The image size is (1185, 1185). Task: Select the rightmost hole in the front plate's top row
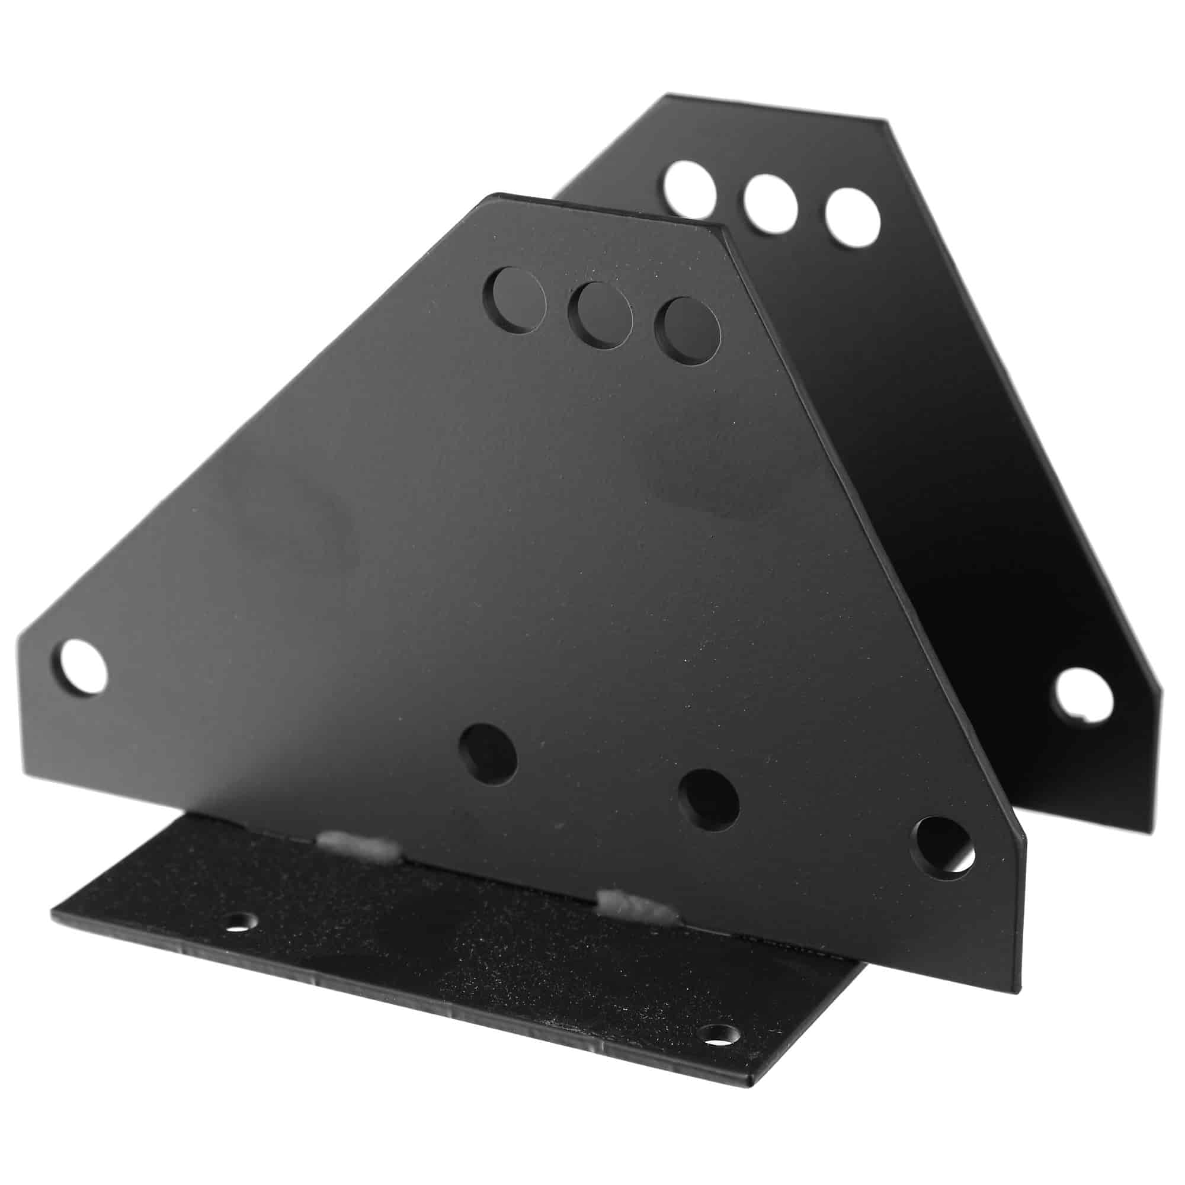[687, 331]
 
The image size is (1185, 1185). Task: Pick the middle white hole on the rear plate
[770, 203]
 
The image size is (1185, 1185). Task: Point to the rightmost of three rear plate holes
[853, 219]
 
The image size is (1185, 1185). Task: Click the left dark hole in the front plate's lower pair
[488, 754]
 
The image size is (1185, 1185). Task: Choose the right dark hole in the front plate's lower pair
[710, 798]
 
